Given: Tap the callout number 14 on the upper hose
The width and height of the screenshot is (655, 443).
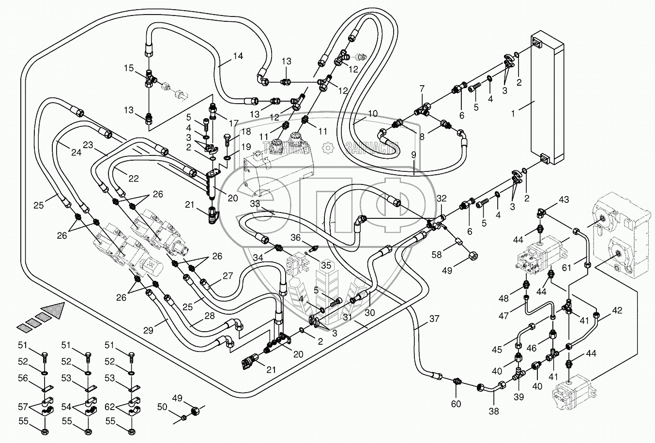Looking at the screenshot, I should [x=237, y=56].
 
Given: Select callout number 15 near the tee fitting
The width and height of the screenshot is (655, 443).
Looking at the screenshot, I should [x=128, y=69].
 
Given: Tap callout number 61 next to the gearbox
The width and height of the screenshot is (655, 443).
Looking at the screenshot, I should [x=566, y=267].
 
